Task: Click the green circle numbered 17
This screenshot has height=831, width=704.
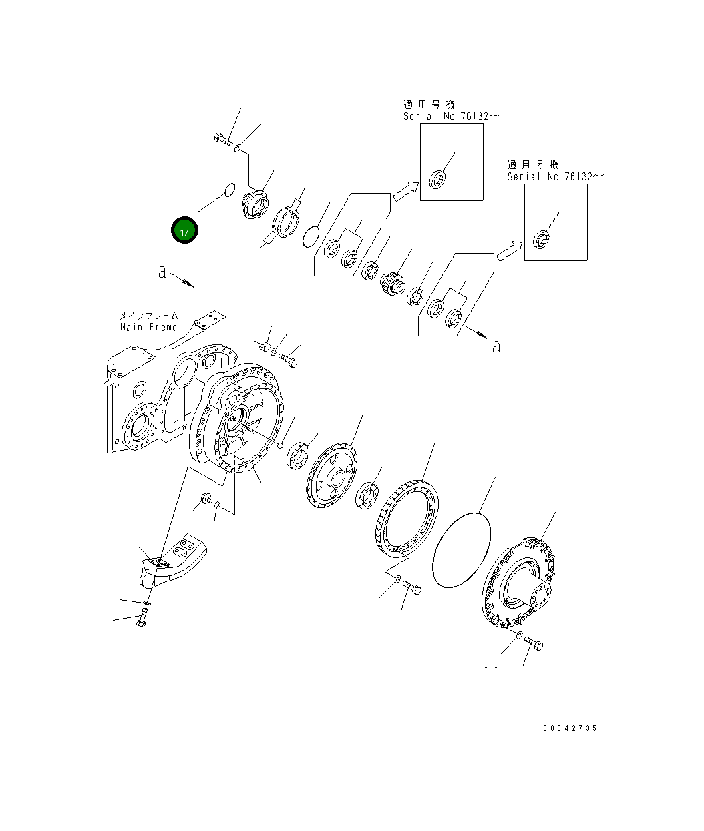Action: pos(184,230)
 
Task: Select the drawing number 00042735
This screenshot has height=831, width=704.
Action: pos(570,728)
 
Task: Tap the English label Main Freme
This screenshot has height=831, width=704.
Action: pos(148,327)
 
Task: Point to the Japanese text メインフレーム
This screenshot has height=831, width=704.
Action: pos(148,315)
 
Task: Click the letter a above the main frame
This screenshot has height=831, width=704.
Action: pos(162,272)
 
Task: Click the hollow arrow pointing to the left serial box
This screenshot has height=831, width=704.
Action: pos(405,191)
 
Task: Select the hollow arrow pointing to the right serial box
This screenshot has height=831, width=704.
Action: pos(509,251)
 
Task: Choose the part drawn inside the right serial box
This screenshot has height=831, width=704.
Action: pos(544,237)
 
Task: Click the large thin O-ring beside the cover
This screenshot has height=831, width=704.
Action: pos(462,550)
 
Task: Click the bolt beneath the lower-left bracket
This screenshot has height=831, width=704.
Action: pos(142,620)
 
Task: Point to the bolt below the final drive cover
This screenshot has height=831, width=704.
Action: pos(534,644)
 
